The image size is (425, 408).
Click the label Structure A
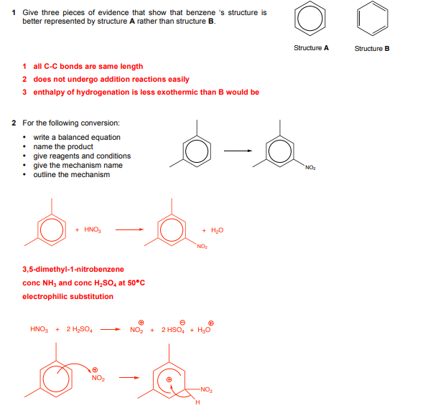click(311, 48)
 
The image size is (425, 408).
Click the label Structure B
click(372, 49)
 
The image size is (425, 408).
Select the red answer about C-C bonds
click(88, 67)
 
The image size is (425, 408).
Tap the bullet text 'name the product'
click(63, 147)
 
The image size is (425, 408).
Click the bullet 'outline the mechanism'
click(72, 175)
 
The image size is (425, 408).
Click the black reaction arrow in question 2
click(238, 151)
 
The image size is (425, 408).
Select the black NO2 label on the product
click(310, 168)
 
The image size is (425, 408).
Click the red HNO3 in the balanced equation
click(93, 229)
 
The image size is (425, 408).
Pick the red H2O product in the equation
click(217, 230)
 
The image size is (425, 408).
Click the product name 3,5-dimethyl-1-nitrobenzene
click(73, 270)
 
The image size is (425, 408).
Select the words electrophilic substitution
click(67, 296)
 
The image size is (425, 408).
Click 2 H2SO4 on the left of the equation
click(80, 330)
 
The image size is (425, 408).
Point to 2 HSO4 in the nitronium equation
click(173, 330)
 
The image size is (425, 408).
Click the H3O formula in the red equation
click(204, 330)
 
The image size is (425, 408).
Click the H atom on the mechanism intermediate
click(197, 402)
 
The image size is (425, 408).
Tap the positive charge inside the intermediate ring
click(169, 379)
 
